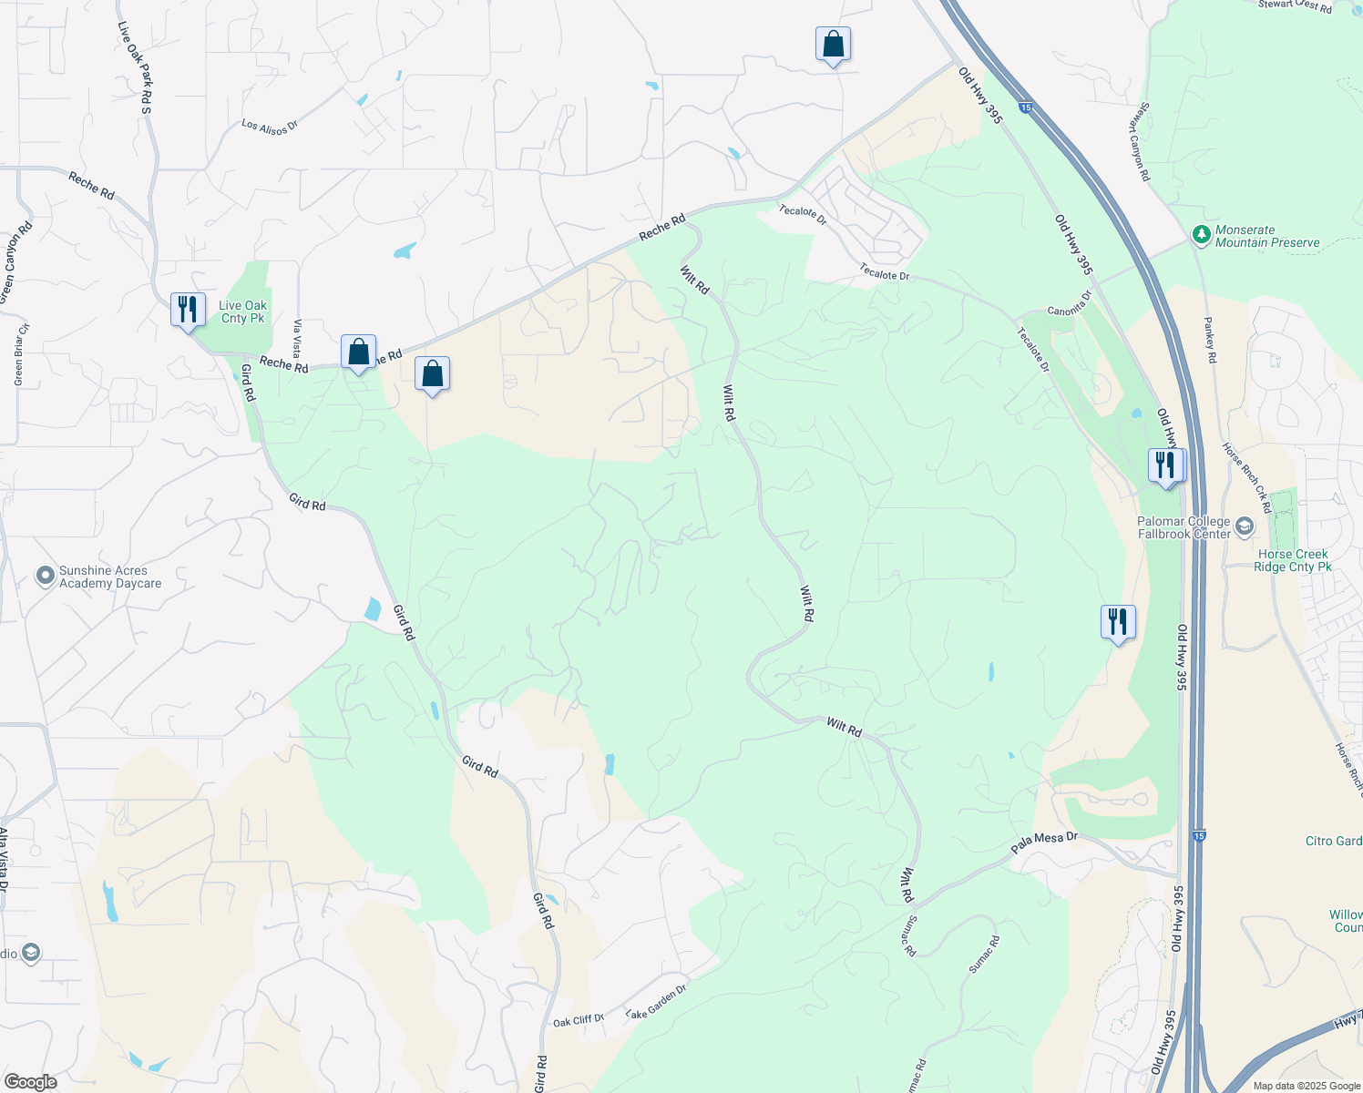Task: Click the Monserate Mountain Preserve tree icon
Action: (x=1202, y=235)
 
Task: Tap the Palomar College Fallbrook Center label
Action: (x=1184, y=527)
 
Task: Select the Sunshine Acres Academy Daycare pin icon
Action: (x=45, y=576)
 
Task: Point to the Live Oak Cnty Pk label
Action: (x=243, y=312)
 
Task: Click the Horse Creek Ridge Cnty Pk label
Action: (x=1292, y=560)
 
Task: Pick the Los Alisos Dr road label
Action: (x=270, y=127)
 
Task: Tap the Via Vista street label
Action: (x=297, y=339)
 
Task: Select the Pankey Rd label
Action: (x=1210, y=340)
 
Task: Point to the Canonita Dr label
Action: (x=1069, y=304)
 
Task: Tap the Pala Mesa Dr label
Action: (x=1044, y=843)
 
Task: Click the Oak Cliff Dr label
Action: (x=579, y=1020)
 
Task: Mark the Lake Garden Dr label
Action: (x=656, y=1001)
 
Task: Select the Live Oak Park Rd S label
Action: (x=134, y=67)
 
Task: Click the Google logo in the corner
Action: (x=30, y=1082)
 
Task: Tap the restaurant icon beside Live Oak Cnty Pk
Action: (x=187, y=310)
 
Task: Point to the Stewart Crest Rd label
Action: (x=1295, y=5)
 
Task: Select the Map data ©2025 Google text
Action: (x=1307, y=1086)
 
